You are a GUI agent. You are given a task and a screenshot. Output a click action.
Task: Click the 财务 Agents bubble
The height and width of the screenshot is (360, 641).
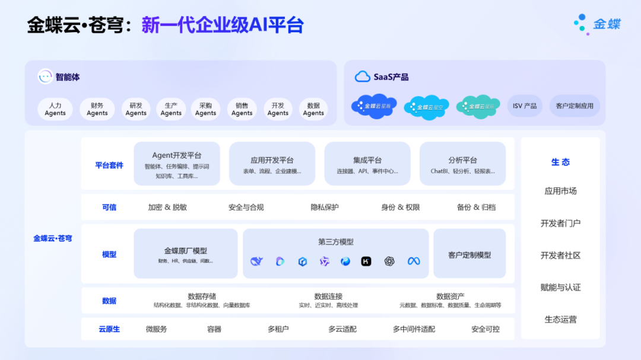pyautogui.click(x=97, y=109)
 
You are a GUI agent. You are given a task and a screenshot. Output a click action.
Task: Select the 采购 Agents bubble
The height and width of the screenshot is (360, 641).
pyautogui.click(x=205, y=109)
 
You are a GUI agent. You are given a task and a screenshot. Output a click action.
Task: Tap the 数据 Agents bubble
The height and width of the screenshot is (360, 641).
pyautogui.click(x=313, y=109)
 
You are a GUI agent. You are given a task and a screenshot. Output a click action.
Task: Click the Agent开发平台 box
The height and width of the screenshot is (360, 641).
pyautogui.click(x=177, y=163)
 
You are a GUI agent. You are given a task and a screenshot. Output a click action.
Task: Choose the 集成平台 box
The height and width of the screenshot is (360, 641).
pyautogui.click(x=367, y=163)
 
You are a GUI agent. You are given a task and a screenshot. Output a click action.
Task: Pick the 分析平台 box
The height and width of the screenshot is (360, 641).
pyautogui.click(x=462, y=163)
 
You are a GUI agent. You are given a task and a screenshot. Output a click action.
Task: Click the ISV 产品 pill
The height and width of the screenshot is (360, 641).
pyautogui.click(x=525, y=106)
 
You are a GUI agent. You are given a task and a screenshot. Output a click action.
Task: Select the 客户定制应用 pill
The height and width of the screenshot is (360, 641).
pyautogui.click(x=575, y=106)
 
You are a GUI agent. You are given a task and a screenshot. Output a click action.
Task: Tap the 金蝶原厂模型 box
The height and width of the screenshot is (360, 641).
pyautogui.click(x=185, y=254)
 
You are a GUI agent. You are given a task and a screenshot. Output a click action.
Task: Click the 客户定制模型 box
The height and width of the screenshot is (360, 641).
pyautogui.click(x=469, y=254)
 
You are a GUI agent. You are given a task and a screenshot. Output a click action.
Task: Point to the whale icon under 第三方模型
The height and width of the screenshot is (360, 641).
pyautogui.click(x=256, y=261)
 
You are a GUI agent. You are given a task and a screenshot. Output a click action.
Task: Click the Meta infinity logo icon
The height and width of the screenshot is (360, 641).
pyautogui.click(x=414, y=261)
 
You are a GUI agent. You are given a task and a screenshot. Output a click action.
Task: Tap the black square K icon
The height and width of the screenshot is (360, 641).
pyautogui.click(x=366, y=261)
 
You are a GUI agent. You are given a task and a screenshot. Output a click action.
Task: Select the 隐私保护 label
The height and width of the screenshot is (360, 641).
pyautogui.click(x=325, y=207)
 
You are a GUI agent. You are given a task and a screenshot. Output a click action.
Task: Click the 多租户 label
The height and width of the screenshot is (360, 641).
pyautogui.click(x=278, y=329)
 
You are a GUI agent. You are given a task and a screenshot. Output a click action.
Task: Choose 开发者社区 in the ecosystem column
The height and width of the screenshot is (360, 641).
pyautogui.click(x=560, y=255)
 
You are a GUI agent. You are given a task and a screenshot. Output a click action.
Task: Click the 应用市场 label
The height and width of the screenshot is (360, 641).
pyautogui.click(x=560, y=191)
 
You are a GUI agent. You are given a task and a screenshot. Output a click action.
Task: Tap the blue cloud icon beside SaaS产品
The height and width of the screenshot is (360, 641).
pyautogui.click(x=362, y=77)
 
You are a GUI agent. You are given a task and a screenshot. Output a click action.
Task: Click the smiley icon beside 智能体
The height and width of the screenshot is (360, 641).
pyautogui.click(x=45, y=77)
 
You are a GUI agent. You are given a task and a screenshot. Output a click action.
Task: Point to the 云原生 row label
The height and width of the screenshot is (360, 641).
pyautogui.click(x=109, y=329)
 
